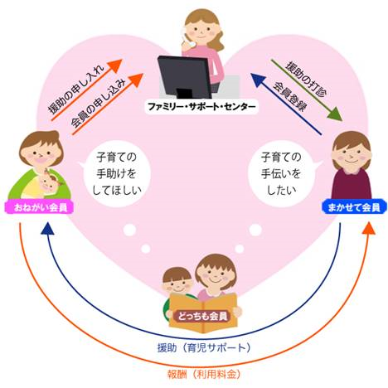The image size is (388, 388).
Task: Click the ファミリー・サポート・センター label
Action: click(x=201, y=107)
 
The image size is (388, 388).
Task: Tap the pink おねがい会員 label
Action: click(x=40, y=207)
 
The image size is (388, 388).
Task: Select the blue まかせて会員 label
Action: click(x=354, y=207)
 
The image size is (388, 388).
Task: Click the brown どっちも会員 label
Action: click(x=202, y=316)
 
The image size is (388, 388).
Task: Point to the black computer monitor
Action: click(x=184, y=77)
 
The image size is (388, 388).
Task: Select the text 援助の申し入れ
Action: click(x=76, y=89)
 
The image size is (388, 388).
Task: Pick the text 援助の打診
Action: click(x=306, y=79)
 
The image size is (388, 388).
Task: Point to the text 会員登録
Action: click(x=289, y=96)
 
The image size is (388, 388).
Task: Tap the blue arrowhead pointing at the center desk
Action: click(x=258, y=80)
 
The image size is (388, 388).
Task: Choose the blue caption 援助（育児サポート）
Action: click(x=204, y=347)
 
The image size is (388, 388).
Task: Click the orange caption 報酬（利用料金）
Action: click(x=204, y=374)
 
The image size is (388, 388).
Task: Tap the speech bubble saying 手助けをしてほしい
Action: click(x=116, y=173)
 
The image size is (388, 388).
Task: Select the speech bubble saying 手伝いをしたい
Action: click(x=283, y=173)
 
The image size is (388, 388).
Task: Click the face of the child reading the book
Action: click(x=177, y=283)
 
